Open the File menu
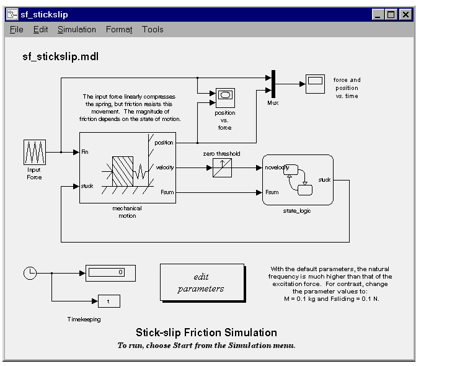pyautogui.click(x=16, y=29)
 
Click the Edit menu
pyautogui.click(x=40, y=29)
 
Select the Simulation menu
pyautogui.click(x=76, y=29)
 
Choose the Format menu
pyautogui.click(x=119, y=29)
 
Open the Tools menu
pyautogui.click(x=153, y=29)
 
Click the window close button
pyautogui.click(x=405, y=14)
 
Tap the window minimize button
pyautogui.click(x=378, y=14)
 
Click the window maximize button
pyautogui.click(x=391, y=14)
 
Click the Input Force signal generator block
pyautogui.click(x=33, y=152)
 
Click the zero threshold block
pyautogui.click(x=222, y=167)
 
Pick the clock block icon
pyautogui.click(x=29, y=272)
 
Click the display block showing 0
pyautogui.click(x=110, y=272)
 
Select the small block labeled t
pyautogui.click(x=108, y=301)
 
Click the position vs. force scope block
pyautogui.click(x=225, y=97)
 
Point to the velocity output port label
pyautogui.click(x=164, y=167)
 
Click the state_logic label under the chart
pyautogui.click(x=297, y=211)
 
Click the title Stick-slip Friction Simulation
pyautogui.click(x=206, y=333)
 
